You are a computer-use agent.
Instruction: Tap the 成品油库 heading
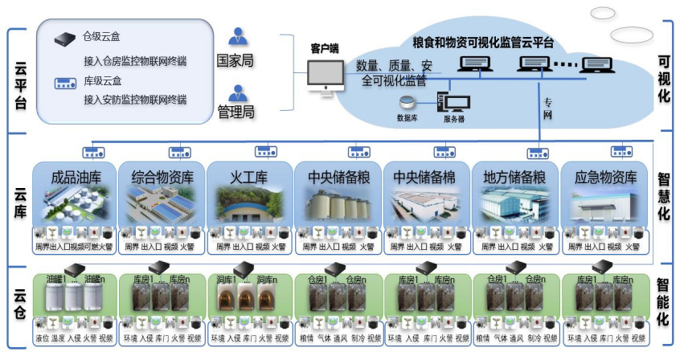pyautogui.click(x=76, y=178)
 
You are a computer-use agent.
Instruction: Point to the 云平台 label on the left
pyautogui.click(x=21, y=81)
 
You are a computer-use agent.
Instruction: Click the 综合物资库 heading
pyautogui.click(x=161, y=178)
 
